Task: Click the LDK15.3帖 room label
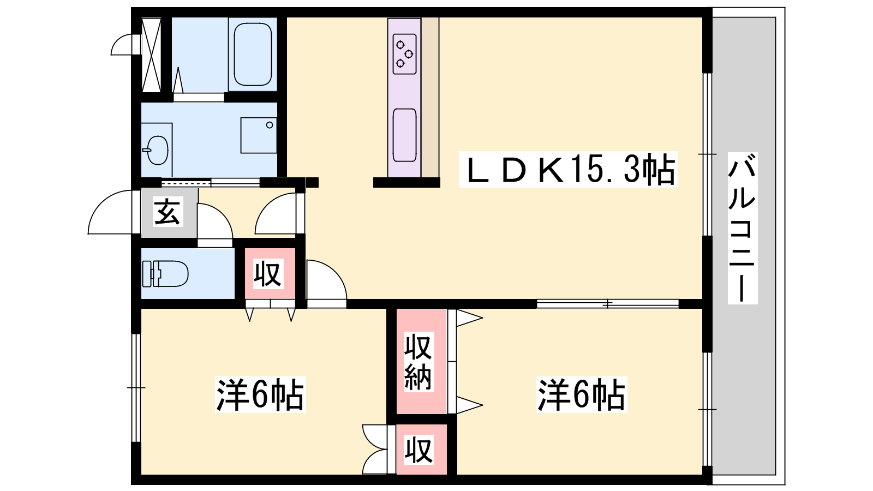569,170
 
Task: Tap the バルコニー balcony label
742,228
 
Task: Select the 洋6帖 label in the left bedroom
260,394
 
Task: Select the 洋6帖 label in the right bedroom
582,394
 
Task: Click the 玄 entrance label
167,212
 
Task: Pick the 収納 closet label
418,362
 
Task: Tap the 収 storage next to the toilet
268,273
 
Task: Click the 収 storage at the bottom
419,450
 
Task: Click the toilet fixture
165,273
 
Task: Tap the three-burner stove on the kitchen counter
405,53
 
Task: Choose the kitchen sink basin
404,135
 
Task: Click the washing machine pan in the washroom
259,135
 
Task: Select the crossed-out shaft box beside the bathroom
151,55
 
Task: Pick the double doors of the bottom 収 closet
375,450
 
